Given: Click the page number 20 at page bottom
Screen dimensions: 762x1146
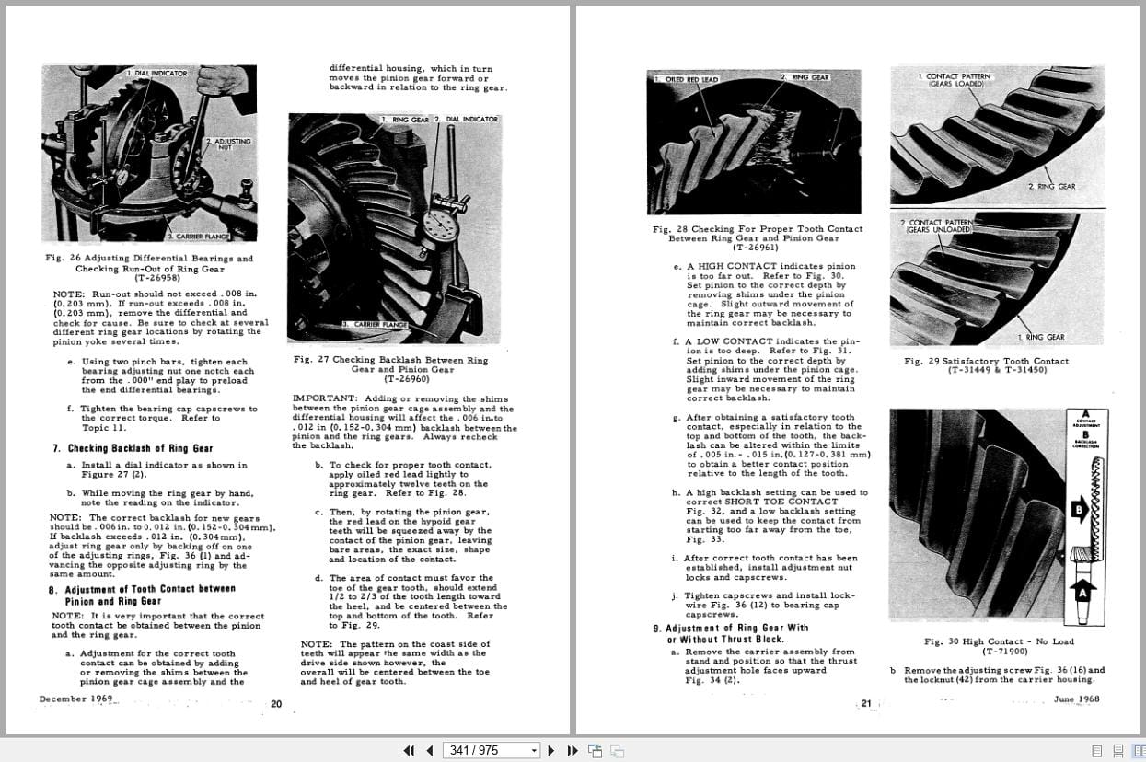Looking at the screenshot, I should [x=276, y=704].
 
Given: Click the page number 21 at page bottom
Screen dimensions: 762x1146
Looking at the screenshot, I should [x=866, y=703].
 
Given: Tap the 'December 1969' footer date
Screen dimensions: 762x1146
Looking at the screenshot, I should [x=75, y=698].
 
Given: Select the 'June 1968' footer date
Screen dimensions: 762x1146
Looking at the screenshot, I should [x=1076, y=698].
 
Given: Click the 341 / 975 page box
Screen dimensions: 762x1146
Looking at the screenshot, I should [x=491, y=750].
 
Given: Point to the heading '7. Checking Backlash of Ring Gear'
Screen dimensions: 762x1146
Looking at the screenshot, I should [x=133, y=449].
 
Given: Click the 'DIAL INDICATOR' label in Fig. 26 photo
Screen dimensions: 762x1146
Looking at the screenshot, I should [x=157, y=73].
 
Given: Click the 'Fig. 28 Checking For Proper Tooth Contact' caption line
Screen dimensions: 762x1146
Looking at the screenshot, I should [x=757, y=228].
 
